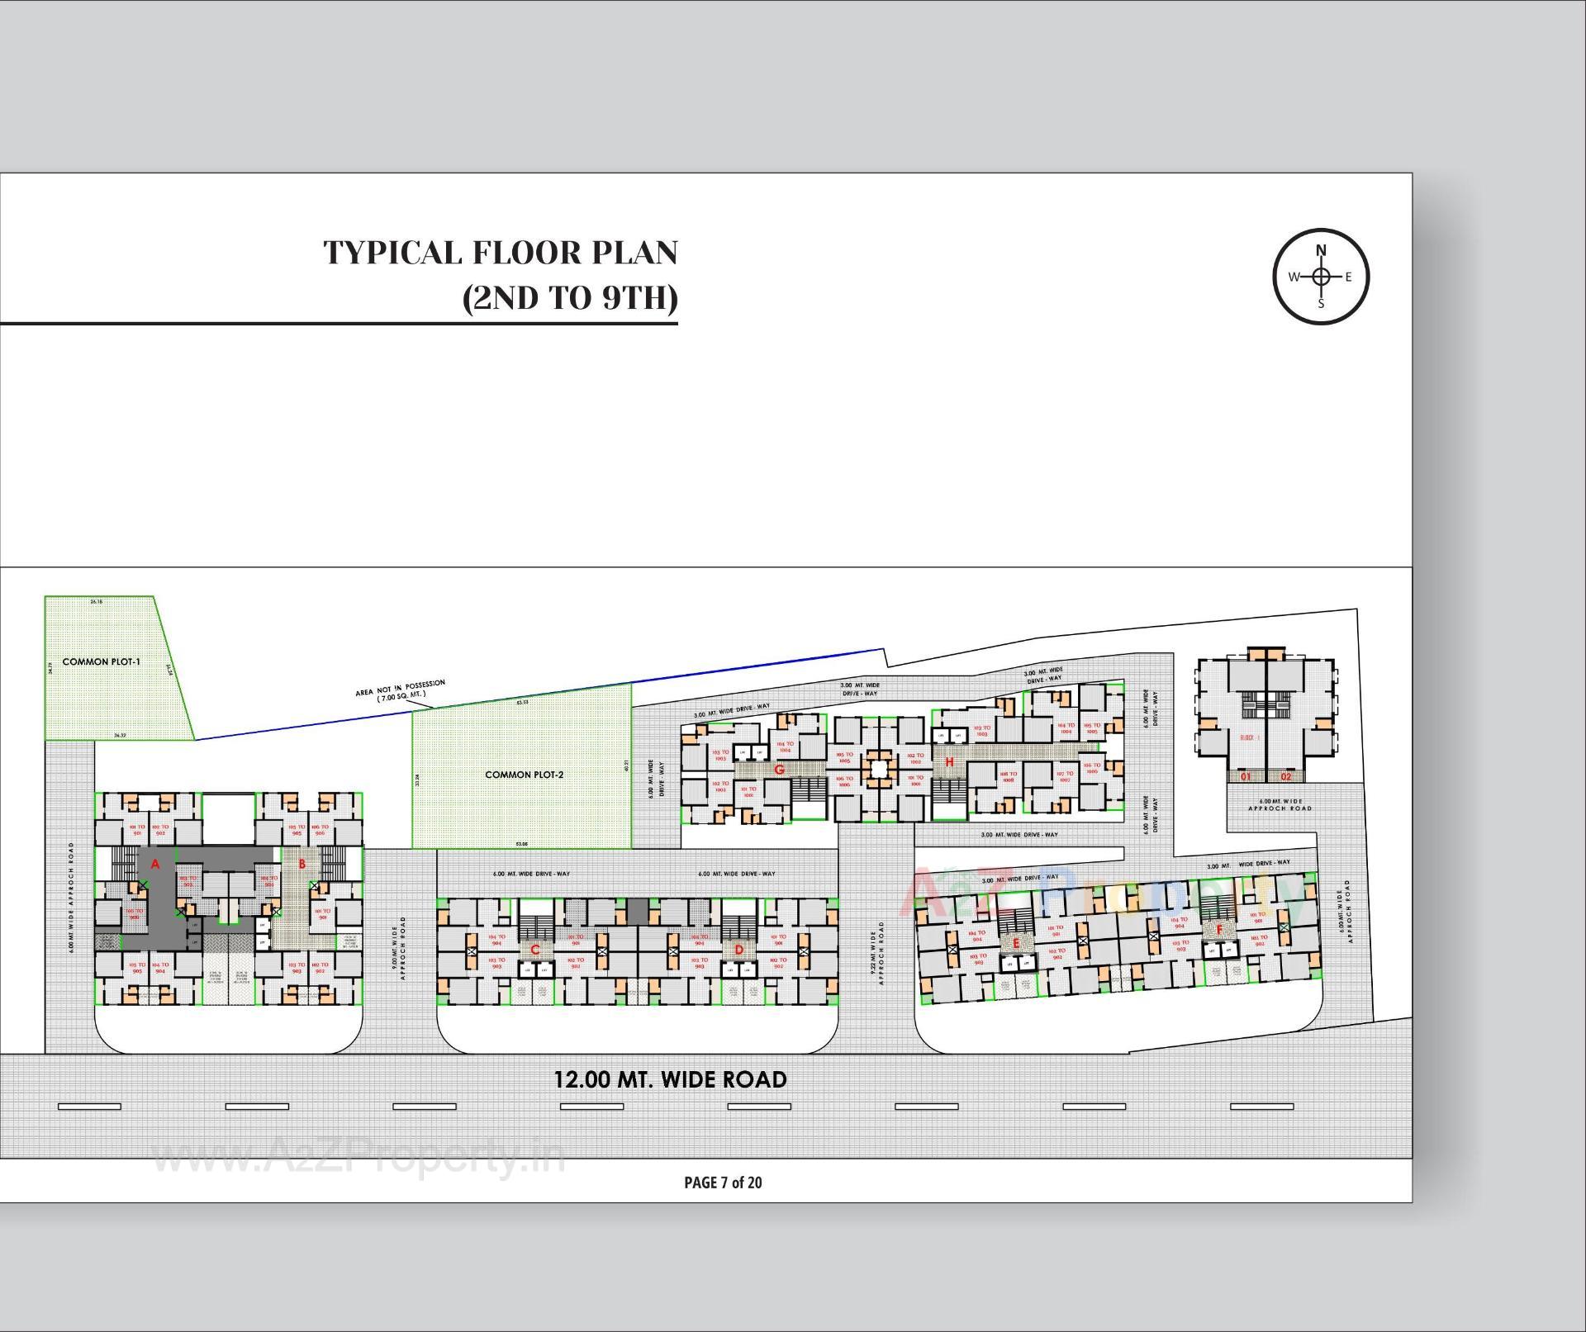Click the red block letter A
154,865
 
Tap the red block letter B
302,865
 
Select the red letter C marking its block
534,950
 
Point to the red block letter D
738,950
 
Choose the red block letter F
1219,930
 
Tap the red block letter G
778,770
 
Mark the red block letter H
949,761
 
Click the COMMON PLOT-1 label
102,662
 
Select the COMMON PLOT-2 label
524,775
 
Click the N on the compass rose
1321,250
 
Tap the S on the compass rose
1321,303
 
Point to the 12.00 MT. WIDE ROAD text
670,1080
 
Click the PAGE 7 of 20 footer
723,1183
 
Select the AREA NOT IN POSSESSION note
401,690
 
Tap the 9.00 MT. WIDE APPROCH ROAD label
399,947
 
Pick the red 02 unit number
1286,776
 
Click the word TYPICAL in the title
393,253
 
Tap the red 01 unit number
1245,776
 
